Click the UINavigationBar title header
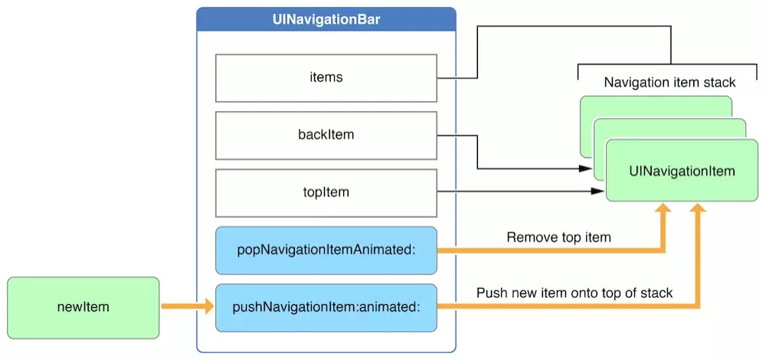326,20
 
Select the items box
326,78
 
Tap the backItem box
326,136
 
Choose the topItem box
326,193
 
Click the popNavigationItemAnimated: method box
326,250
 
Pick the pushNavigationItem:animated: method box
326,308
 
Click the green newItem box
83,308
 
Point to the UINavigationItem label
682,171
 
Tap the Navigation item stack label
669,82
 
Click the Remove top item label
559,238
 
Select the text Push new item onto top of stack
574,293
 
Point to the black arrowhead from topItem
598,191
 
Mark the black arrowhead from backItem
586,169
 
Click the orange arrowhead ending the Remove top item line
663,209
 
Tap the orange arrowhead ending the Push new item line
698,209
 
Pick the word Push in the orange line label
490,293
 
